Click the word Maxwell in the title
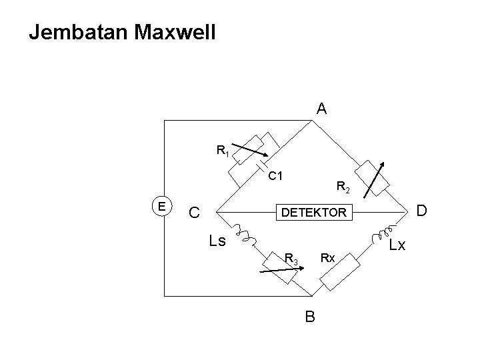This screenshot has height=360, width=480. [x=175, y=32]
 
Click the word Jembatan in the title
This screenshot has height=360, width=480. [x=78, y=33]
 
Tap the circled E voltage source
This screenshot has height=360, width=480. [x=162, y=206]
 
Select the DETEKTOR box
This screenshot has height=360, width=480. [x=314, y=212]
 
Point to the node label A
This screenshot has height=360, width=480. [x=321, y=109]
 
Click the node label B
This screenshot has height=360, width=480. [x=310, y=317]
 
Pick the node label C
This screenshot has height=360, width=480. [x=194, y=212]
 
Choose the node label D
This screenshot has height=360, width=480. [x=421, y=211]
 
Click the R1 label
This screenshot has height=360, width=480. [x=223, y=151]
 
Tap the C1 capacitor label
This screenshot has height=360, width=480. [x=275, y=176]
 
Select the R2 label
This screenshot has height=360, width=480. [x=343, y=187]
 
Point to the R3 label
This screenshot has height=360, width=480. [x=291, y=259]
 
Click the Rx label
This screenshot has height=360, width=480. [x=327, y=259]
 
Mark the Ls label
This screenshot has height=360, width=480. [x=217, y=241]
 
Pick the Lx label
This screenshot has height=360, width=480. [x=397, y=245]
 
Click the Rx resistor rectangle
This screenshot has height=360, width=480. [x=340, y=272]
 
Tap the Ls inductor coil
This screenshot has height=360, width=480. [x=245, y=235]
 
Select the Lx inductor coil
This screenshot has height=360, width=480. [x=383, y=235]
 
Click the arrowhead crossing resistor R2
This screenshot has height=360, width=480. [x=382, y=165]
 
